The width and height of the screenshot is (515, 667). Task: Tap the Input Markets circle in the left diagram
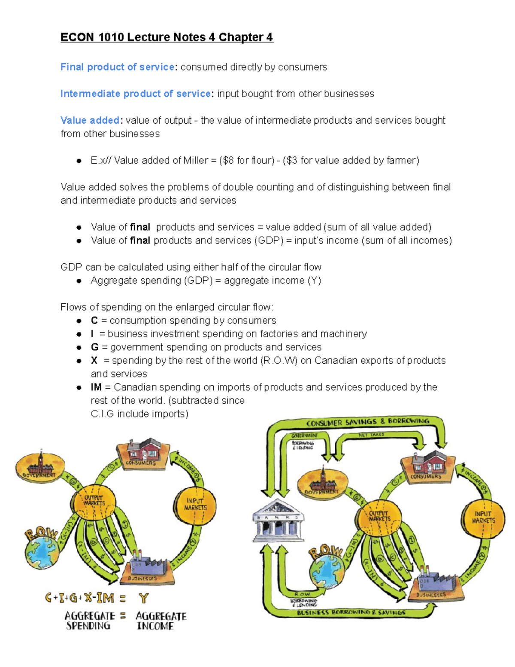[x=195, y=505]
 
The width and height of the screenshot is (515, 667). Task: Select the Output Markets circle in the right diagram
[x=379, y=516]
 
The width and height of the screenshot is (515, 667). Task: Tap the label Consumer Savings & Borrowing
[x=367, y=422]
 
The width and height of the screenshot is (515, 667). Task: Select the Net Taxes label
[x=372, y=435]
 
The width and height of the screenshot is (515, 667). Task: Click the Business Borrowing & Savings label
[x=351, y=612]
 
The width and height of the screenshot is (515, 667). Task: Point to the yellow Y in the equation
[x=144, y=598]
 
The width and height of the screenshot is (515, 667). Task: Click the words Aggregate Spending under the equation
[x=89, y=621]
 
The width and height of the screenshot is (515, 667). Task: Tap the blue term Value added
[x=90, y=120]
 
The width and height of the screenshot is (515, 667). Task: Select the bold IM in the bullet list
[x=96, y=387]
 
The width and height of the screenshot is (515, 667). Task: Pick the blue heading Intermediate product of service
[x=136, y=94]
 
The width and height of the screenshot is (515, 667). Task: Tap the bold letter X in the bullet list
[x=94, y=360]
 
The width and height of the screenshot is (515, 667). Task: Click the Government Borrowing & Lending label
[x=304, y=442]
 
